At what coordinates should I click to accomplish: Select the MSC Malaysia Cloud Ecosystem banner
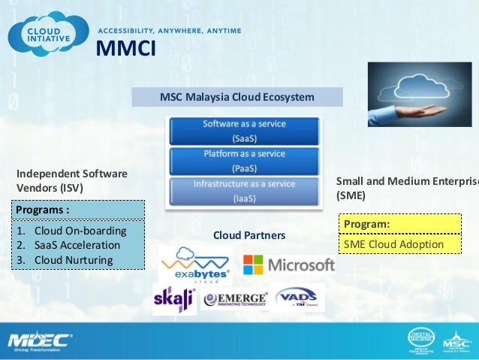237,98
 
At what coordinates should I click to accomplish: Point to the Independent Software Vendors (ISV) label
71,181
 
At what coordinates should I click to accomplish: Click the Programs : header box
79,209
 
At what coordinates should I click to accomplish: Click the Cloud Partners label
249,235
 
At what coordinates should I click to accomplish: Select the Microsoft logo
289,265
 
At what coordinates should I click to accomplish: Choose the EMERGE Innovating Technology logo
235,299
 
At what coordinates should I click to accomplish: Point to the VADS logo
300,298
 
